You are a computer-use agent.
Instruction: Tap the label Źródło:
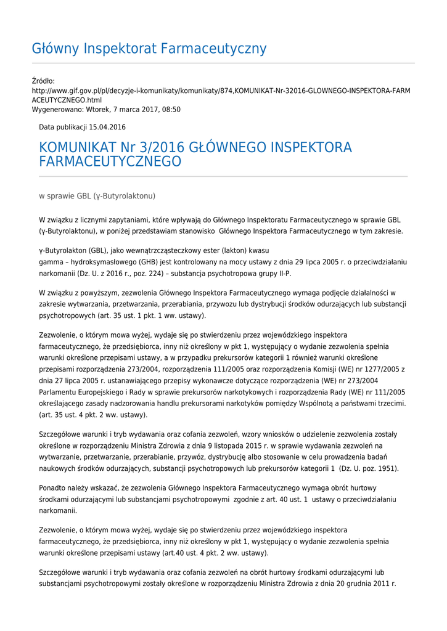pos(43,81)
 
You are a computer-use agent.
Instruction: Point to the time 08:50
pos(171,109)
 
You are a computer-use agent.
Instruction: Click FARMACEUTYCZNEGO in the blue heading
pos(110,162)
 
